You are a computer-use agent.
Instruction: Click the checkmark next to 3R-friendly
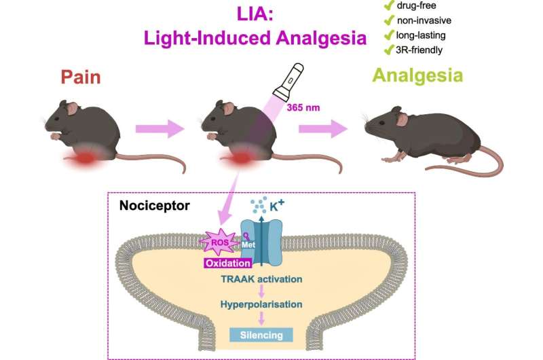pos(390,51)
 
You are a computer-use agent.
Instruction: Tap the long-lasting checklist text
pos(425,36)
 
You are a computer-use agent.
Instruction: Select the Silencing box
pos(261,334)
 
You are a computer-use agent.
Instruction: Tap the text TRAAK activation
pos(261,278)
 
